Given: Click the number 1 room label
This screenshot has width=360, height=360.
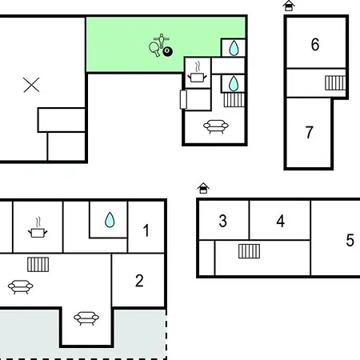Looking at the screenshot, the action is pos(146,230).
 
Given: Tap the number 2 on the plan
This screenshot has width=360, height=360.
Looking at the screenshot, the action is pos(139,281).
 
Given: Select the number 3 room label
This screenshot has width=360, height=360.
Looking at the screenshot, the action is pos(222,221).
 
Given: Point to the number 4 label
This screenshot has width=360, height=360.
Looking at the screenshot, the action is pos(281,221).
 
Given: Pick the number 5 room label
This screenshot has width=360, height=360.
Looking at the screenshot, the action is pos(350,240).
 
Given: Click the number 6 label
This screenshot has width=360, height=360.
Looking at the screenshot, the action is pos(315,44).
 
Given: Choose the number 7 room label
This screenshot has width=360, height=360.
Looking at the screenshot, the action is pos(309,132).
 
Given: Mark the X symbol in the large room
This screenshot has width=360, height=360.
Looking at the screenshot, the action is pos(31,85).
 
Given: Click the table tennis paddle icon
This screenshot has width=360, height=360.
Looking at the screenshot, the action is pos(154,50).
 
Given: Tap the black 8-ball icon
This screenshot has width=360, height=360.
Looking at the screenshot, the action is pos(168,51).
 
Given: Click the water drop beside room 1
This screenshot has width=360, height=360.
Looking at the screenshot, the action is pos(110,220).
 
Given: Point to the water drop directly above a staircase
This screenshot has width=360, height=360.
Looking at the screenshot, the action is pos(234,83).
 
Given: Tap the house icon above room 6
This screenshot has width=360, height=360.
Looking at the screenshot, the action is pos(289,6).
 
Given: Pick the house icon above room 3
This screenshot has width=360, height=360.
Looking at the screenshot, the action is pos(203,188).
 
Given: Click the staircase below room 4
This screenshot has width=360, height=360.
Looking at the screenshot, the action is pos(249,251).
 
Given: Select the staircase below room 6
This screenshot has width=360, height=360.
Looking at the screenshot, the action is pos(335,83).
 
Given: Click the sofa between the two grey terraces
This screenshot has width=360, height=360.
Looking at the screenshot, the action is pos(86,318).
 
